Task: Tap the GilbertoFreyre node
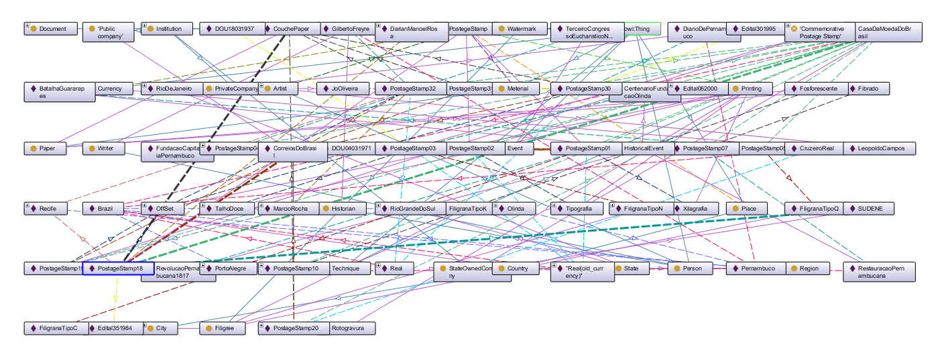(347, 29)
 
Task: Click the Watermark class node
(521, 29)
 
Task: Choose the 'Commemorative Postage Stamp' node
(819, 32)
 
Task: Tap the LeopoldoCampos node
(880, 148)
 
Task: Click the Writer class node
(105, 148)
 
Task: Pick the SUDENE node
(871, 209)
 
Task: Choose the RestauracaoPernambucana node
(879, 272)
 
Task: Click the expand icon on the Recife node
(27, 206)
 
